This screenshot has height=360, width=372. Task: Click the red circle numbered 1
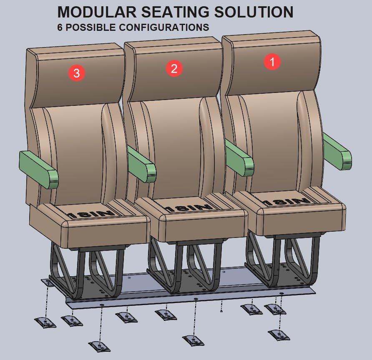coord(273,62)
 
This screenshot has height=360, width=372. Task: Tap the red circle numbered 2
coord(174,68)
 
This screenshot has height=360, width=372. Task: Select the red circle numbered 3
coord(77,74)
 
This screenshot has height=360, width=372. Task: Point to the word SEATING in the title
coord(176,12)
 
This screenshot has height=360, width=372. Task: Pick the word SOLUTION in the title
coord(254,12)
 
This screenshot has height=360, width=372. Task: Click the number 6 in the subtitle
coord(60,28)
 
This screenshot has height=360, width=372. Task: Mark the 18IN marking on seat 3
coord(90,214)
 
